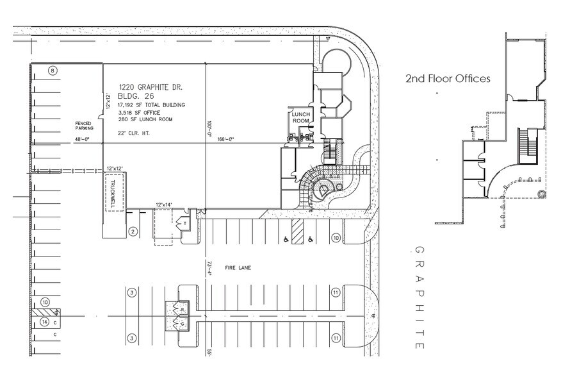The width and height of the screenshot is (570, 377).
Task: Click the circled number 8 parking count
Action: [x=53, y=70]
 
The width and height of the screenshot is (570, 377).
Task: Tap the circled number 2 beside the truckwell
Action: [x=133, y=231]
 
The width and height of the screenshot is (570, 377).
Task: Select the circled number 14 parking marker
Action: [x=45, y=321]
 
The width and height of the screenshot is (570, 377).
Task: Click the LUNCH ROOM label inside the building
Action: [x=301, y=118]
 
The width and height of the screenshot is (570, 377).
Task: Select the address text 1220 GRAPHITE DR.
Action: [x=152, y=85]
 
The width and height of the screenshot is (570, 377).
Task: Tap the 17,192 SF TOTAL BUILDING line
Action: [x=152, y=105]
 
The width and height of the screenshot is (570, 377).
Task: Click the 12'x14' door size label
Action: [x=165, y=205]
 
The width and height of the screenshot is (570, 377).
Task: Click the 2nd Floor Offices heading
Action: [x=448, y=79]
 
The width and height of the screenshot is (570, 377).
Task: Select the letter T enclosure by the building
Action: [x=185, y=224]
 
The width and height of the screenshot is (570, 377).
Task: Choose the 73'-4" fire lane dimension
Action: [x=209, y=267]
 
